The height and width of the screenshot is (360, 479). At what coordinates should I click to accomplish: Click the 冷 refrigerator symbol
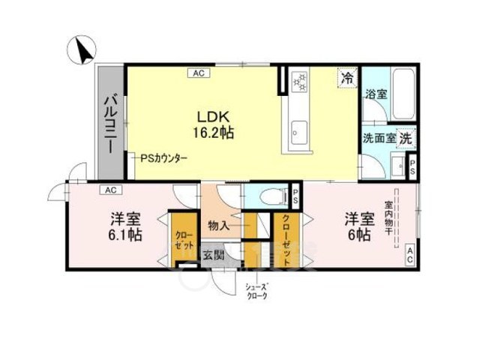pyautogui.click(x=348, y=76)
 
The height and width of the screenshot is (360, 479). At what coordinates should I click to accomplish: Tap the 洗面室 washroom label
pyautogui.click(x=379, y=138)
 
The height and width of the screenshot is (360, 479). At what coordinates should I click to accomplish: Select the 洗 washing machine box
pyautogui.click(x=406, y=138)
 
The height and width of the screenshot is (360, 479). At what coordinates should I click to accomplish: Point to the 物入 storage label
pyautogui.click(x=218, y=225)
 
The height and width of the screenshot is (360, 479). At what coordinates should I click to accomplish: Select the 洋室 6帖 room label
pyautogui.click(x=359, y=226)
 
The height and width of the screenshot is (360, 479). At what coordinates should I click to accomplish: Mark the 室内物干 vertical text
pyautogui.click(x=389, y=218)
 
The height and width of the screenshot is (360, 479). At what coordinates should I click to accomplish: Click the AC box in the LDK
pyautogui.click(x=199, y=73)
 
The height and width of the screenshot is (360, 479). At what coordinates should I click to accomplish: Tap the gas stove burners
pyautogui.click(x=299, y=80)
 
